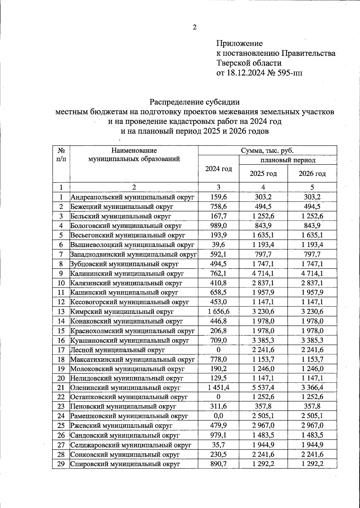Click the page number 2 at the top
coord(194,28)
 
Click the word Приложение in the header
coord(239,43)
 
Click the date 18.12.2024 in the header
coord(246,73)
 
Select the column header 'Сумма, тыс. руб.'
coord(267,150)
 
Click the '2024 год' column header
coord(218,169)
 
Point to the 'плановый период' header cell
coord(288,160)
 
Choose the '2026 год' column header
coord(312,174)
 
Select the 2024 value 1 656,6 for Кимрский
coord(218,312)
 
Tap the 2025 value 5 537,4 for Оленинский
coord(263,388)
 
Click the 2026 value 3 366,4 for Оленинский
coord(312,388)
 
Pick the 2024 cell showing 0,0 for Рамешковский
coord(218,416)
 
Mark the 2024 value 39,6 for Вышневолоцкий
coord(218,245)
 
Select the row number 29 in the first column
coord(61,464)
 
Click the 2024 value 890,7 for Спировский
coord(218,464)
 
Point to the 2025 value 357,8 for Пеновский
coord(263,407)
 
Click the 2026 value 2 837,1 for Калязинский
coord(312,283)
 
